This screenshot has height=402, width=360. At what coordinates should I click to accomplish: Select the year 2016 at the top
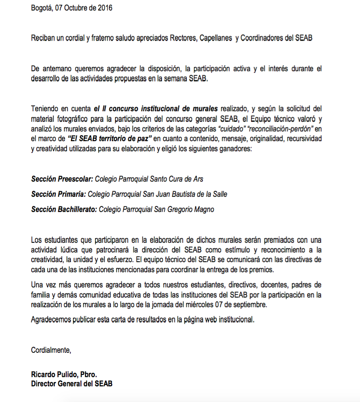pyautogui.click(x=104, y=8)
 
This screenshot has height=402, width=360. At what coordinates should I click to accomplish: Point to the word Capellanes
pyautogui.click(x=215, y=38)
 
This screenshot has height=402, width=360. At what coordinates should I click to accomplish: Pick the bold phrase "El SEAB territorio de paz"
pyautogui.click(x=109, y=138)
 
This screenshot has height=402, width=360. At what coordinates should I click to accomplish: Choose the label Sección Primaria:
pyautogui.click(x=58, y=194)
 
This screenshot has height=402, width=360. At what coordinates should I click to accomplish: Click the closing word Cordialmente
pyautogui.click(x=51, y=350)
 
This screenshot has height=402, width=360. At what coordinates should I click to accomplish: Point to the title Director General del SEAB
pyautogui.click(x=71, y=383)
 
